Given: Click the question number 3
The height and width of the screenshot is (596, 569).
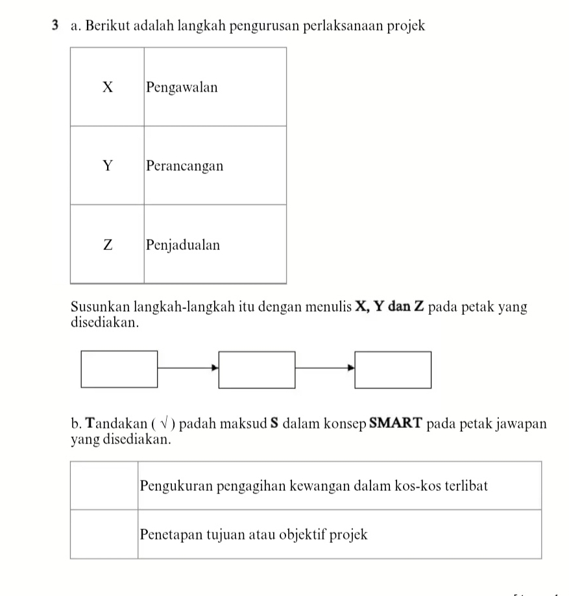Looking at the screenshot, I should coord(58,27).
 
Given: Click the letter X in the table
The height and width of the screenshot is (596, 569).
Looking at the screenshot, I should coord(108,87).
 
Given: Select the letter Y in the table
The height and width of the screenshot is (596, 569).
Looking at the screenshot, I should coord(108,166).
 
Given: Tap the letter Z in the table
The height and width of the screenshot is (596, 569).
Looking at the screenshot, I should coord(108,245).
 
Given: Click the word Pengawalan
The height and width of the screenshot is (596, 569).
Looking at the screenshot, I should coord(182,87).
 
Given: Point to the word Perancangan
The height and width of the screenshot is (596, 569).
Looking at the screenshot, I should coord(184,166).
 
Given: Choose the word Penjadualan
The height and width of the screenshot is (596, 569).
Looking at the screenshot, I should coord(183,245).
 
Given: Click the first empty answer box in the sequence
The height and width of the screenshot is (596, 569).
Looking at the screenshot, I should coord(119,369).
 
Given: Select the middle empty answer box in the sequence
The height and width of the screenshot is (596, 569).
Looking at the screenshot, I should coord(257,369).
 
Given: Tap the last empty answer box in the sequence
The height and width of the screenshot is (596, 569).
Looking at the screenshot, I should coord(393,369).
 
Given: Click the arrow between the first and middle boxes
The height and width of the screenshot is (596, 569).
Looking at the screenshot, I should coord(188,368).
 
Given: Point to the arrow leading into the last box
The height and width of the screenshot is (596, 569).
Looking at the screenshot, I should coord(325,368).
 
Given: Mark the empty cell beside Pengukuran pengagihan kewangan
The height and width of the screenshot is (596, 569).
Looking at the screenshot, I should coord(104,485).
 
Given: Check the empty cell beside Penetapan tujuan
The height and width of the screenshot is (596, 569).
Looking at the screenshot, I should coord(104,534).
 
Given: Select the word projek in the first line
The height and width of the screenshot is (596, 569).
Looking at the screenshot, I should coord(406,27).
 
